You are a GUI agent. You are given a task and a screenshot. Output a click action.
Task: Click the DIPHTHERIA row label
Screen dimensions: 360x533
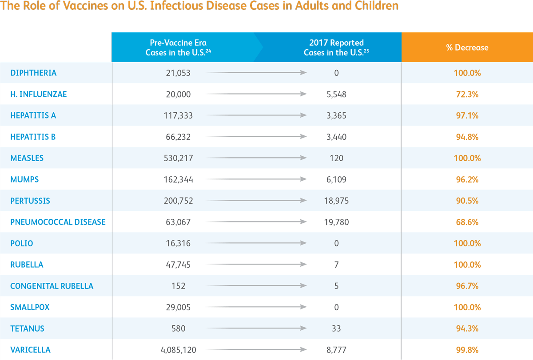[x=33, y=73]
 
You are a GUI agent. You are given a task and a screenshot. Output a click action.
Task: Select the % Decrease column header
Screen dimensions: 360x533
[x=467, y=47]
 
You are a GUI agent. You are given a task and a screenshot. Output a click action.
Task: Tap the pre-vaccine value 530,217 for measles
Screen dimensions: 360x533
[x=178, y=158]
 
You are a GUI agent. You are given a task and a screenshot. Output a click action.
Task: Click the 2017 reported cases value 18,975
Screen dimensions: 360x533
[x=336, y=201]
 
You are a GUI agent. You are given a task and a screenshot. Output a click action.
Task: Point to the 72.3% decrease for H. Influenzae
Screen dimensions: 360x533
[x=467, y=94]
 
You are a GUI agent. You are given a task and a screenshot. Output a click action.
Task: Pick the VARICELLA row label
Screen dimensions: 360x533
[x=30, y=350]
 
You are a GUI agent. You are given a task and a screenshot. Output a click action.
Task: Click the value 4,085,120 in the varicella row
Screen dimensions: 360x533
[x=178, y=350]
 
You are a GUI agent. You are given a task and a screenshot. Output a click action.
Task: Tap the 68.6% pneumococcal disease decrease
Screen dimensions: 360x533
[x=467, y=222]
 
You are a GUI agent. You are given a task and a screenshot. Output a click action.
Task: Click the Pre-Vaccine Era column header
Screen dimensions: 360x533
[x=178, y=47]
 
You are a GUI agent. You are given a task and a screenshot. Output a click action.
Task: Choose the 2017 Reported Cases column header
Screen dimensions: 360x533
[x=336, y=47]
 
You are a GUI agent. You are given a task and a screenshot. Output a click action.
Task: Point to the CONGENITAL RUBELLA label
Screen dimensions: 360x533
[x=52, y=286]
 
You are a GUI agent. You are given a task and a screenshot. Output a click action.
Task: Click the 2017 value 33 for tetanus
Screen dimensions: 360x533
[x=336, y=328]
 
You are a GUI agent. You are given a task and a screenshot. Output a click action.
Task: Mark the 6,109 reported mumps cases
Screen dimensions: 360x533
[x=336, y=179]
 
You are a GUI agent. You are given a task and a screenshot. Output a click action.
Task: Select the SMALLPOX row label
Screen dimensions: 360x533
[x=29, y=307]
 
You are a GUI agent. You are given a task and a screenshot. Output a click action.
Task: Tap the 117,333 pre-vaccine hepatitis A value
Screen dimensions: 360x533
[x=178, y=115]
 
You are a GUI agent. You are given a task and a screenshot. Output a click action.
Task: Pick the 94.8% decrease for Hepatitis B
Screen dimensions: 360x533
[x=467, y=137]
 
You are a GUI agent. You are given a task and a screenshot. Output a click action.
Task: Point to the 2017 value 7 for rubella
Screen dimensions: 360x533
[x=336, y=265]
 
